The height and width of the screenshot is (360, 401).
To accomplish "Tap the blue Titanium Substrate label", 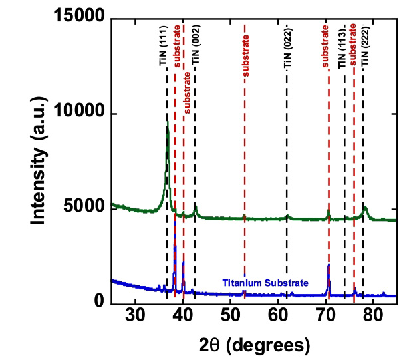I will (x=265, y=283).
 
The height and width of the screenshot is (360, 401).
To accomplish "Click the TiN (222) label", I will (x=365, y=47).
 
